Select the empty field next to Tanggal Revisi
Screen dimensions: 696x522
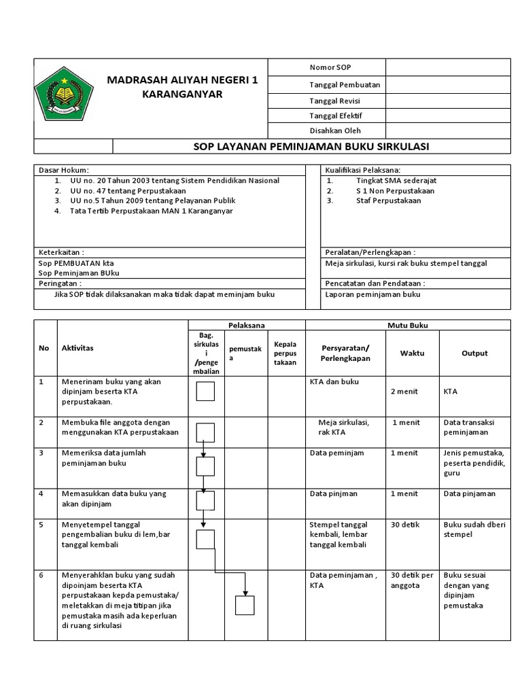[448, 100]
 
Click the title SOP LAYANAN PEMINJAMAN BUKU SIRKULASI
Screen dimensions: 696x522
[312, 147]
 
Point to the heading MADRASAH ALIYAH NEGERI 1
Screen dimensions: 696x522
[183, 81]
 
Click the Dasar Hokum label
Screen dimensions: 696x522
[64, 170]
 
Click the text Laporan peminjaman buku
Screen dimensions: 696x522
[373, 294]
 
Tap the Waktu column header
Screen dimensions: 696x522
[411, 353]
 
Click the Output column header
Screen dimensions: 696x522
[474, 353]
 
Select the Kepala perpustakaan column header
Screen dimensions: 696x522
[285, 353]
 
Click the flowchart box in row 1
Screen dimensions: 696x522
[205, 392]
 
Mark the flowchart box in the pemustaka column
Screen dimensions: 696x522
[245, 604]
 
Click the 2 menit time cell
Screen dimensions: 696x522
[404, 391]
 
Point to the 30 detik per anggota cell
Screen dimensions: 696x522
[412, 580]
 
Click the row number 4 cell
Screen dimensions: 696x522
[42, 493]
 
